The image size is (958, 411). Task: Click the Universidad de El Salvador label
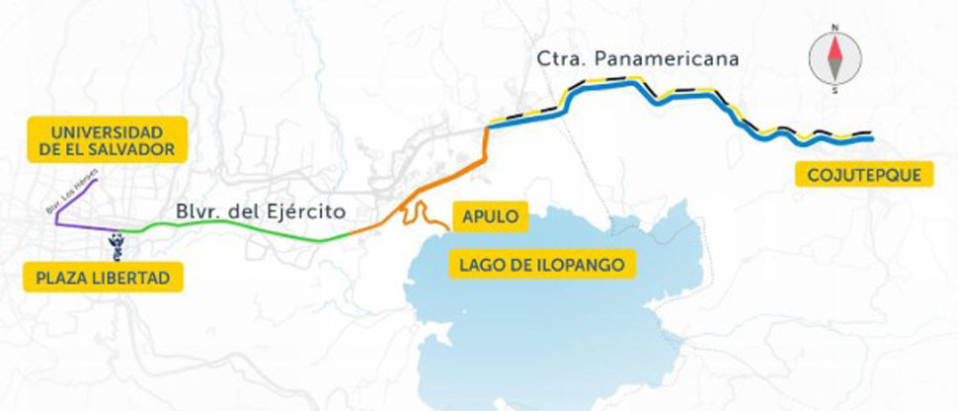(x=107, y=139)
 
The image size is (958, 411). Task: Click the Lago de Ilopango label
(x=542, y=263)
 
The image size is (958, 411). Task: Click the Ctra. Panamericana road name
(x=638, y=59)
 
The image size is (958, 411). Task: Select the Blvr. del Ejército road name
(x=261, y=210)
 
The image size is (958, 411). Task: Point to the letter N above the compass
(x=836, y=28)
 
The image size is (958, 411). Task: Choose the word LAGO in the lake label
(x=479, y=263)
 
